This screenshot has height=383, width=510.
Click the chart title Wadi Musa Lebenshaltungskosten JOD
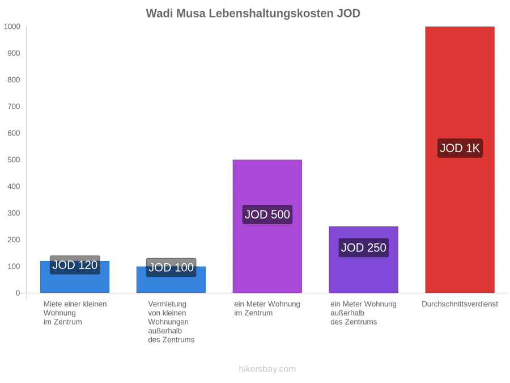(253, 14)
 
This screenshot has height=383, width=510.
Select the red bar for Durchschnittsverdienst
(460, 159)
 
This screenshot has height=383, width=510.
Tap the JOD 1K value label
(460, 148)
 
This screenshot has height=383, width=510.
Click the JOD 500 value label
(267, 214)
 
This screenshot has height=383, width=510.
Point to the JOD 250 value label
(364, 247)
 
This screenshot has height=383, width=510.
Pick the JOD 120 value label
(75, 265)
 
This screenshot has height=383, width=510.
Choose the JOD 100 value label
(171, 267)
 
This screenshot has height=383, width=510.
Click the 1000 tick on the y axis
(12, 26)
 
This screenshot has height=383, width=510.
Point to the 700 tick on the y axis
(14, 107)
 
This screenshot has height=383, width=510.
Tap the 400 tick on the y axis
(14, 186)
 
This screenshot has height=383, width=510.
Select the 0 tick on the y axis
(18, 293)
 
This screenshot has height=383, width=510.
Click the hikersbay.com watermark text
(267, 369)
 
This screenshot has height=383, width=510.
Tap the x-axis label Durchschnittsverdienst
(460, 304)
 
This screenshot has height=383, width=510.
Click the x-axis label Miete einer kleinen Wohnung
(75, 313)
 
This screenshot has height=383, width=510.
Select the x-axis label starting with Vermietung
(171, 322)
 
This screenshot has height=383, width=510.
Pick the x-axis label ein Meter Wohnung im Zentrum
(267, 309)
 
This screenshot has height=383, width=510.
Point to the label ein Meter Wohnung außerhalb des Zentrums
(363, 313)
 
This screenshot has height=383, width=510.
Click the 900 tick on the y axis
(14, 53)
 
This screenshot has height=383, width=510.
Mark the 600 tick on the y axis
(14, 133)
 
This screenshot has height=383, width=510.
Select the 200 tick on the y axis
(14, 239)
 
